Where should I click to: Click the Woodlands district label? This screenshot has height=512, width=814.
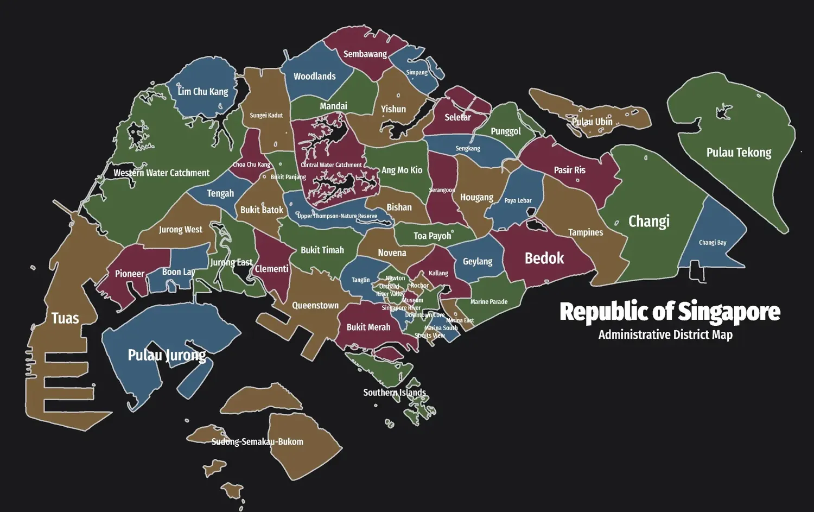click(x=315, y=77)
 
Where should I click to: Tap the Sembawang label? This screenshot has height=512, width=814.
click(x=365, y=54)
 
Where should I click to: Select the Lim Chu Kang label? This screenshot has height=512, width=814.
click(x=203, y=92)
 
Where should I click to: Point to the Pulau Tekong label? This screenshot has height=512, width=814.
click(x=739, y=153)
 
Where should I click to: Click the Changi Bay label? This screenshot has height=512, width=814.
click(x=713, y=243)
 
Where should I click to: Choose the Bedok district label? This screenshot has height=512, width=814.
click(x=544, y=258)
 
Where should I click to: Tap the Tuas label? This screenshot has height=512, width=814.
click(x=65, y=318)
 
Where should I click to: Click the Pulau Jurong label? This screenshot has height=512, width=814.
click(x=167, y=355)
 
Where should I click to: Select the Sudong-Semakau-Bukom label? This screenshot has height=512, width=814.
click(x=257, y=442)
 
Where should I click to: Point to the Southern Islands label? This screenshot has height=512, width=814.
click(x=395, y=393)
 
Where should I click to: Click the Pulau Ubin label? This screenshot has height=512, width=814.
click(x=592, y=122)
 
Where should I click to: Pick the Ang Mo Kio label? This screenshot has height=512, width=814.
click(x=402, y=170)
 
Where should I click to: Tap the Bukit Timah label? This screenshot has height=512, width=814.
click(x=322, y=250)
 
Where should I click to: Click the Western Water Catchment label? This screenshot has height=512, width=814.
click(x=161, y=173)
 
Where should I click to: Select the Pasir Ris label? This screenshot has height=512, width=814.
click(x=570, y=170)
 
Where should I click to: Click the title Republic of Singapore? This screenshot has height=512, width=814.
click(x=670, y=312)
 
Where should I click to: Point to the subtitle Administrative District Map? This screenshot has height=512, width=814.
click(x=665, y=334)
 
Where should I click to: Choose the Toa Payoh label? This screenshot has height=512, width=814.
click(x=432, y=236)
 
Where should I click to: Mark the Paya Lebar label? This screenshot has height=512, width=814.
click(x=518, y=201)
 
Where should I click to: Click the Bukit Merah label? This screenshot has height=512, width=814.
click(x=368, y=327)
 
